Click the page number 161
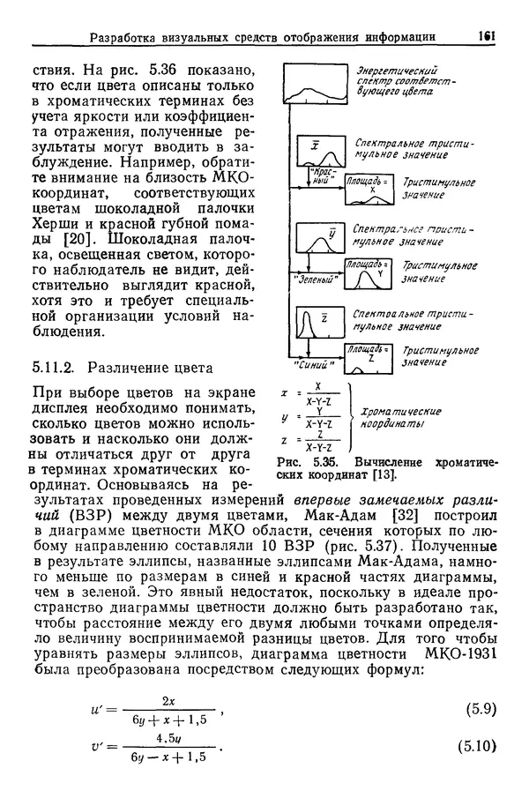(484, 36)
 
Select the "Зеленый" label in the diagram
(316, 279)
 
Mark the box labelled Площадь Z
(369, 354)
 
